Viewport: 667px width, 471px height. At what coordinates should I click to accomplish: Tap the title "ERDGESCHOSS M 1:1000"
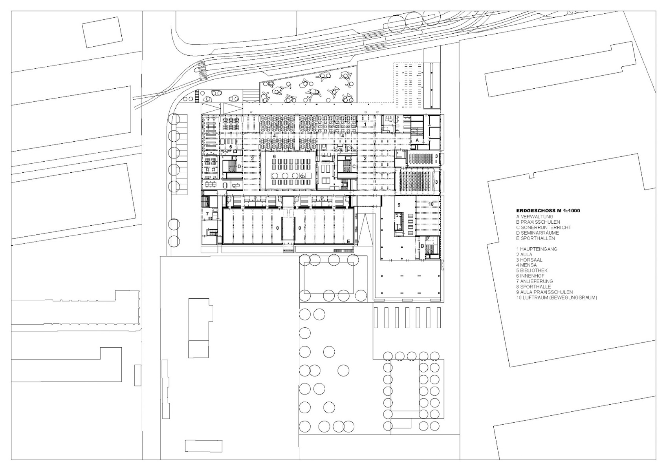pyautogui.click(x=548, y=211)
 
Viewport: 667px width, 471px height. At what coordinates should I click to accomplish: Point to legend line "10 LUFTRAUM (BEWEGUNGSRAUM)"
pyautogui.click(x=557, y=298)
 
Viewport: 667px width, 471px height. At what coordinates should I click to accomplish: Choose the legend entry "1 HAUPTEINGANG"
pyautogui.click(x=537, y=249)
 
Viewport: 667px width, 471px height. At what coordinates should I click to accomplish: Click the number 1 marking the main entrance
pyautogui.click(x=365, y=124)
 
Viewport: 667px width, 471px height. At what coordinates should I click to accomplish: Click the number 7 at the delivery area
pyautogui.click(x=207, y=214)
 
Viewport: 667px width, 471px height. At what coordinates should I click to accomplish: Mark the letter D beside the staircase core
pyautogui.click(x=239, y=166)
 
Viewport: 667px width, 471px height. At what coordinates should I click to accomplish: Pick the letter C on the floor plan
pyautogui.click(x=354, y=166)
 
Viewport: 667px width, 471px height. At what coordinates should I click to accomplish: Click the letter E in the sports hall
pyautogui.click(x=348, y=241)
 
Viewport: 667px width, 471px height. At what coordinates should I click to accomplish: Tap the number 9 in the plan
pyautogui.click(x=399, y=205)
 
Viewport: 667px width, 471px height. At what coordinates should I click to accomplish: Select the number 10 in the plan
pyautogui.click(x=431, y=204)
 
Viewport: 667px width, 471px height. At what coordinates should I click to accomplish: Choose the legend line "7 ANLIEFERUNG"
pyautogui.click(x=535, y=281)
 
